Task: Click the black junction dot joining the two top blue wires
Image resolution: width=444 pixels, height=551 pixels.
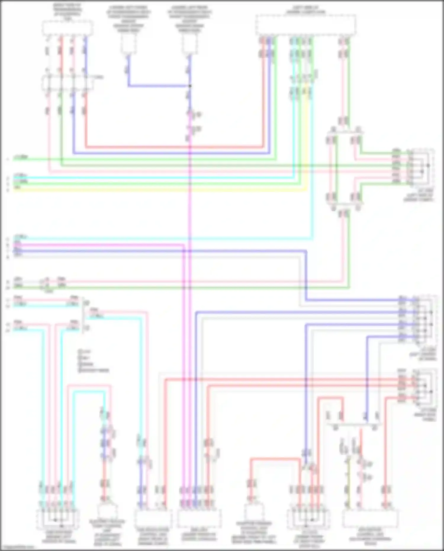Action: point(190,86)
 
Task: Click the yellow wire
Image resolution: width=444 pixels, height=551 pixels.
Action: point(160,190)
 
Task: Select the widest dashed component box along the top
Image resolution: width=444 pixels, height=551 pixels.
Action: point(306,25)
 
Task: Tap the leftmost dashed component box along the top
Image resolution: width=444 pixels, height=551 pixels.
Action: point(67,28)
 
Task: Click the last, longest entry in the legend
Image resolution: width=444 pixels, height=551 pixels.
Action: point(94,370)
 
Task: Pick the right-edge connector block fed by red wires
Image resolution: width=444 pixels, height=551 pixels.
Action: point(425,387)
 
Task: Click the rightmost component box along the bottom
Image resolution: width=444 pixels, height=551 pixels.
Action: point(370,518)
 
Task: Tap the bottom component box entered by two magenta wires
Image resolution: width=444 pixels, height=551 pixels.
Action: point(199,518)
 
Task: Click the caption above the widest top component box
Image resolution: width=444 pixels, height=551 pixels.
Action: point(306,10)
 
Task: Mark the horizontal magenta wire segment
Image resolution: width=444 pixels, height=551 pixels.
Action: point(98,245)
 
